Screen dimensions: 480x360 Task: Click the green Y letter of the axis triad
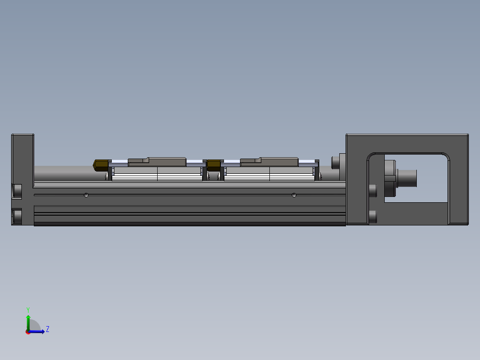(x=28, y=310)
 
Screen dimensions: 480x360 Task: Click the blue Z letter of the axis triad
(x=48, y=329)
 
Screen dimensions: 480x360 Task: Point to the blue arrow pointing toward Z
(x=36, y=331)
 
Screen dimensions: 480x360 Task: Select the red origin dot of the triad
(x=28, y=332)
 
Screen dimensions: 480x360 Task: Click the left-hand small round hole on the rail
(x=86, y=195)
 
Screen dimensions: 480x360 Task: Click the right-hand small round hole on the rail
(x=294, y=195)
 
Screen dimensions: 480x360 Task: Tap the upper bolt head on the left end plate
(x=17, y=191)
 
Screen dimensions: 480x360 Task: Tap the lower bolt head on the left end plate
(x=17, y=216)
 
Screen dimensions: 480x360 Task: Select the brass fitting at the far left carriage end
(x=101, y=165)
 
